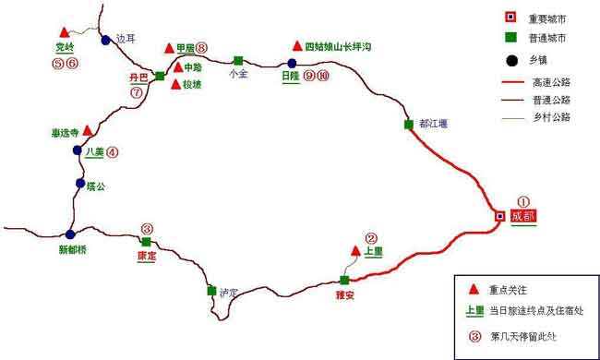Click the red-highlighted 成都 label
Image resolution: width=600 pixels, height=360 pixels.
point(522,216)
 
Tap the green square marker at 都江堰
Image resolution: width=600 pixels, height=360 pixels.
point(408,124)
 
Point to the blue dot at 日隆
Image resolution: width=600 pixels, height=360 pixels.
point(291,64)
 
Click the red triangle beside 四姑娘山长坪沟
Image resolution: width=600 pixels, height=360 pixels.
point(296,45)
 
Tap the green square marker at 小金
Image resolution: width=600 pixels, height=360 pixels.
point(238,60)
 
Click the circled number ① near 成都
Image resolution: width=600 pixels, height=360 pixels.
point(522,200)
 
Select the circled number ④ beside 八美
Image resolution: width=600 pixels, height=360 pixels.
point(113,152)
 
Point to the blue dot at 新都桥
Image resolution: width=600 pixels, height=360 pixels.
point(70,234)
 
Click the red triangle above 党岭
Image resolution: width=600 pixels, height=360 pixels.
point(62,31)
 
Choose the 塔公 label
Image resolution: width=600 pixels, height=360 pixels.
point(97,186)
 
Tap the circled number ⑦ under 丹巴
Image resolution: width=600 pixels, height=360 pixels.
point(137,92)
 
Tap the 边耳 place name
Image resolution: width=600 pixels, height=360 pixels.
point(126,39)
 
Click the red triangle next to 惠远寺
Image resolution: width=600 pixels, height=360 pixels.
point(88,130)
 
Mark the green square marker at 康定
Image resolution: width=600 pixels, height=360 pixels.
point(146,242)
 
